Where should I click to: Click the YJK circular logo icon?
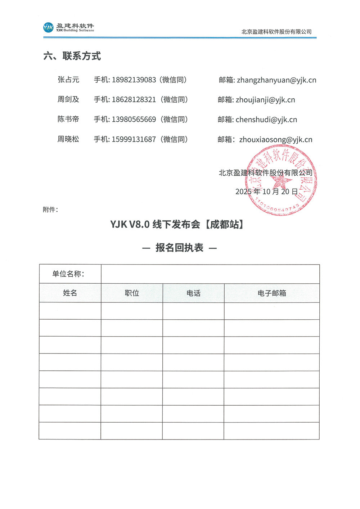[48, 27]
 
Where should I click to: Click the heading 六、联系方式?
[72, 56]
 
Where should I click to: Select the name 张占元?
[68, 80]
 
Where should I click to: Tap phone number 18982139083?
[134, 80]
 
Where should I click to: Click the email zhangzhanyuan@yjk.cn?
[276, 80]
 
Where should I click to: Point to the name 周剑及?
[68, 100]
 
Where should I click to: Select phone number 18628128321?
[134, 100]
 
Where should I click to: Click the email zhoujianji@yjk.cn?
[265, 100]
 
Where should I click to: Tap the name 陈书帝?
[68, 120]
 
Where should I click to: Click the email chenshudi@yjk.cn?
[266, 120]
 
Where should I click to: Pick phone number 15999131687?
[134, 139]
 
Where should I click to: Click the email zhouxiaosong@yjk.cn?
[276, 140]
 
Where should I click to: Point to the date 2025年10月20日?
[267, 192]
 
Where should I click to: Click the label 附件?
[50, 210]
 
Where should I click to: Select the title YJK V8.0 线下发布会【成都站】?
[178, 225]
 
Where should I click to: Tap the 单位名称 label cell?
[70, 274]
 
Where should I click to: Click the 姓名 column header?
[70, 293]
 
